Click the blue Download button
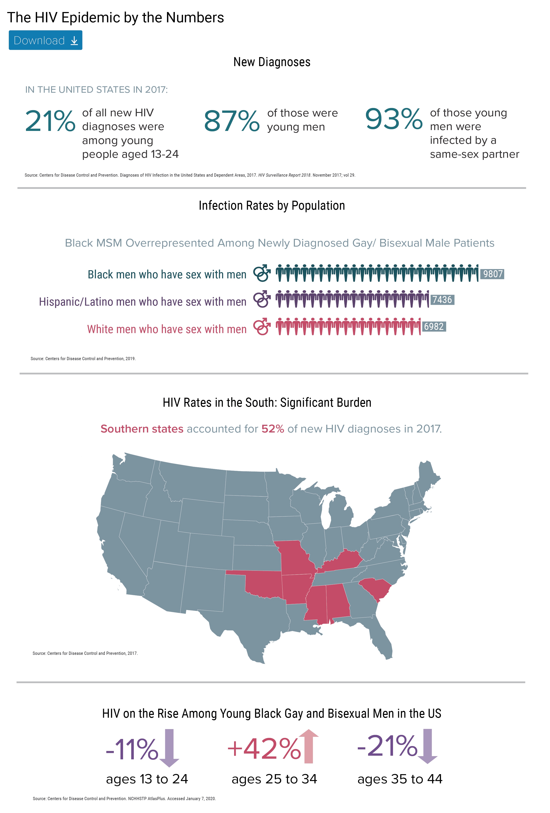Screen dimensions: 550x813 46,40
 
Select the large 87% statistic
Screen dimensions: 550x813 232,121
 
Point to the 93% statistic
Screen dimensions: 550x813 394,119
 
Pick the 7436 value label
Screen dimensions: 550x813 442,300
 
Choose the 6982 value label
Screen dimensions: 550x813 434,326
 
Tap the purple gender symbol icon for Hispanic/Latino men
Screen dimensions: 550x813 262,299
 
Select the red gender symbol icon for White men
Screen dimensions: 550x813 262,326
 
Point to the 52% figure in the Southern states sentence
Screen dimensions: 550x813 273,429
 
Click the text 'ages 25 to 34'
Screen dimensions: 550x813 274,779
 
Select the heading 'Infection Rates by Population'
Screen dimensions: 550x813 272,206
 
